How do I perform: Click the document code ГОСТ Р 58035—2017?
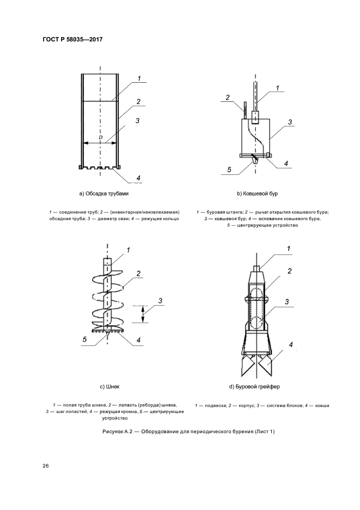[x=72, y=40]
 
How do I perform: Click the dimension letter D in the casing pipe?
[x=100, y=137]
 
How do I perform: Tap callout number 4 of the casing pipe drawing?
[x=138, y=178]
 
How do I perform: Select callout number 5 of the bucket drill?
[x=229, y=169]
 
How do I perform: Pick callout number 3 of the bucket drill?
[x=291, y=122]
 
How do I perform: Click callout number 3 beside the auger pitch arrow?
[x=160, y=301]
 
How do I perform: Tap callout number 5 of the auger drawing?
[x=84, y=339]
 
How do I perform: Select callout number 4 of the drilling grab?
[x=291, y=345]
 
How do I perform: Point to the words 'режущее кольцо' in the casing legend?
[x=163, y=218]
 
